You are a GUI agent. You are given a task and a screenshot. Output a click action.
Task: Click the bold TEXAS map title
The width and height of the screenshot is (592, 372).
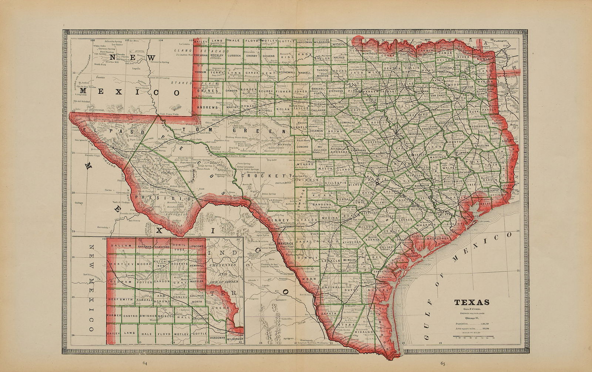pyautogui.click(x=472, y=302)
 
